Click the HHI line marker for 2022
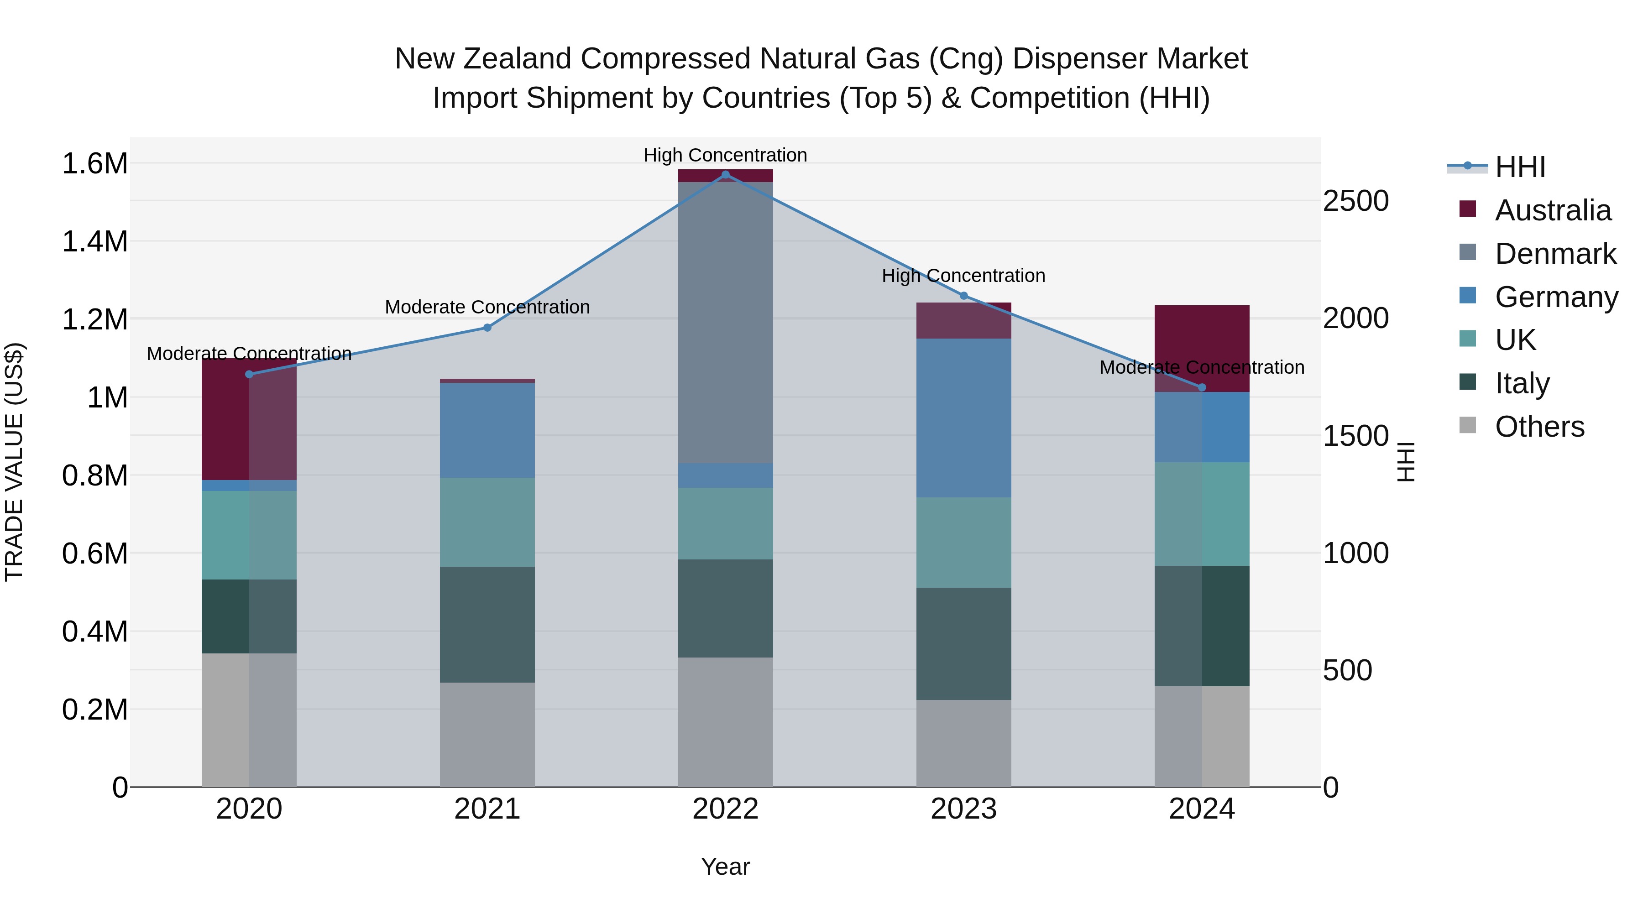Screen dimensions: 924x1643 (725, 175)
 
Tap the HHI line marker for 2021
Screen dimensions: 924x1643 (487, 328)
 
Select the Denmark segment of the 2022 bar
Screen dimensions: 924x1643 (725, 322)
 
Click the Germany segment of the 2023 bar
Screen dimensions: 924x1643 (964, 418)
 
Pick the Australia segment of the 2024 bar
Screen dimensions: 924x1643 (1202, 348)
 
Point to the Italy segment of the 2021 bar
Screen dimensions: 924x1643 (487, 624)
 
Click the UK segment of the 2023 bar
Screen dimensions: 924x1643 (964, 542)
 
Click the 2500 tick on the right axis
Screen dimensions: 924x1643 (1355, 201)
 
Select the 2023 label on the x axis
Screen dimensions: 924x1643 (964, 809)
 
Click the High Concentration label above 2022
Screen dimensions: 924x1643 (725, 155)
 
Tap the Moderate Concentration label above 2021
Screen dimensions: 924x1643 (487, 308)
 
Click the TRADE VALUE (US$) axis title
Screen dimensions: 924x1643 (14, 462)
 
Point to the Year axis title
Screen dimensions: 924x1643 (725, 867)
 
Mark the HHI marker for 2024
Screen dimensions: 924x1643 (1202, 387)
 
